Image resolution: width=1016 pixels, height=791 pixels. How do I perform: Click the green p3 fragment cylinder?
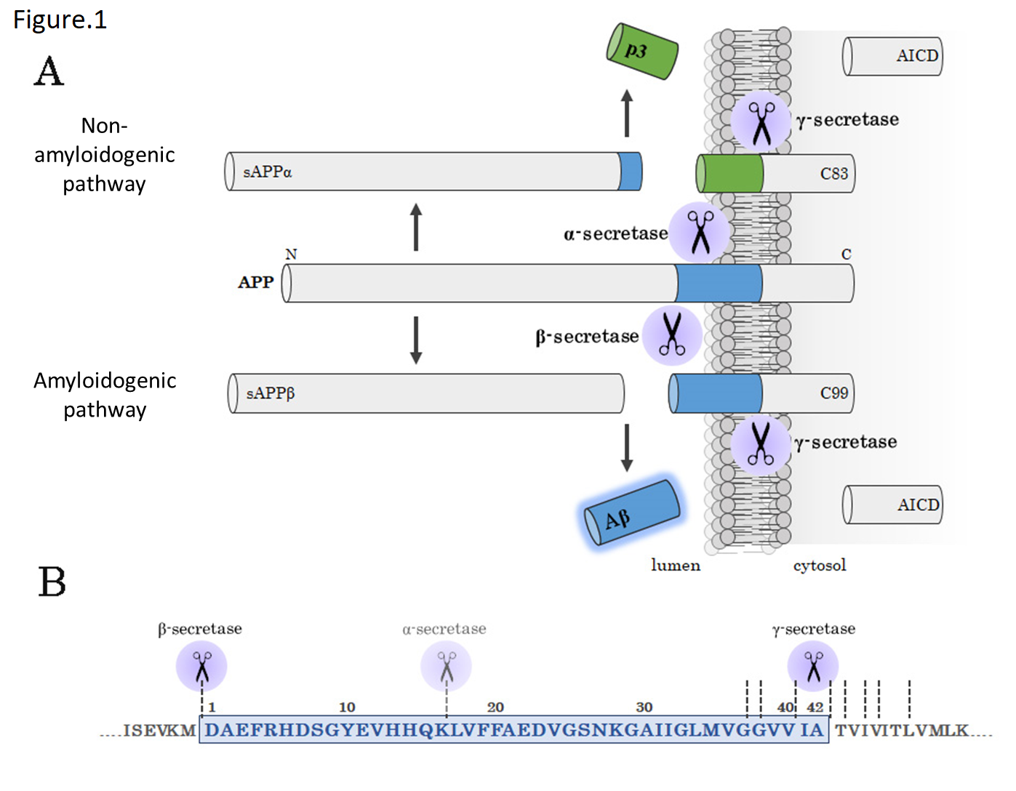pos(642,52)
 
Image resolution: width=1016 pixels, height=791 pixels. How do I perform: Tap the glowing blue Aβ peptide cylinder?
pos(633,513)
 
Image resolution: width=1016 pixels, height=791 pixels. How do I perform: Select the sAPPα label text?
pos(267,172)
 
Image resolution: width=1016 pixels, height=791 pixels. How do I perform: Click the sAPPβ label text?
pos(270,393)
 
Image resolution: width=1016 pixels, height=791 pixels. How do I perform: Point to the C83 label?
pos(833,174)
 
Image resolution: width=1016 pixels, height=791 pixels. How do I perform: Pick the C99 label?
pos(833,393)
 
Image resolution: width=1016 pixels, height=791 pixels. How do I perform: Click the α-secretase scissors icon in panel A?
pos(700,232)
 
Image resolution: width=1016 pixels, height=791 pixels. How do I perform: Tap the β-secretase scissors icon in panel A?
pos(672,334)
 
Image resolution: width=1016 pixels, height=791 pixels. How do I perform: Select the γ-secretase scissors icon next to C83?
pos(761,121)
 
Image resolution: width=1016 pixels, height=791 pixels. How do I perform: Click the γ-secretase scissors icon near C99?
pos(761,444)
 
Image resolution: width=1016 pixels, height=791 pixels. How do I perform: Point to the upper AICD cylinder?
pos(892,57)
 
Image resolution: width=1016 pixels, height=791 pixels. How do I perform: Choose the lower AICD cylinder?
pos(892,505)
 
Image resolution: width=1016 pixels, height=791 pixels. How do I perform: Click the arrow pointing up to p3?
pos(627,113)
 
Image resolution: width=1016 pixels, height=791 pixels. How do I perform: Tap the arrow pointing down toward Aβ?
pos(627,447)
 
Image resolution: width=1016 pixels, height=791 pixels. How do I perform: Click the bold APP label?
pos(256,282)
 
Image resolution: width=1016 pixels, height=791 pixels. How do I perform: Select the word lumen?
pos(675,566)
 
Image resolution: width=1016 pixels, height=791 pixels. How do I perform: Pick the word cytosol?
pos(820,566)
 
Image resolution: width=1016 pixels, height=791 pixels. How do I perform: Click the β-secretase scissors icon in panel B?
pos(201,666)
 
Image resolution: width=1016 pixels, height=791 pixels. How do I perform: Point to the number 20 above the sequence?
pos(495,707)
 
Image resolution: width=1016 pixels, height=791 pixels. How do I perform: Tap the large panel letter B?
pos(52,582)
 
